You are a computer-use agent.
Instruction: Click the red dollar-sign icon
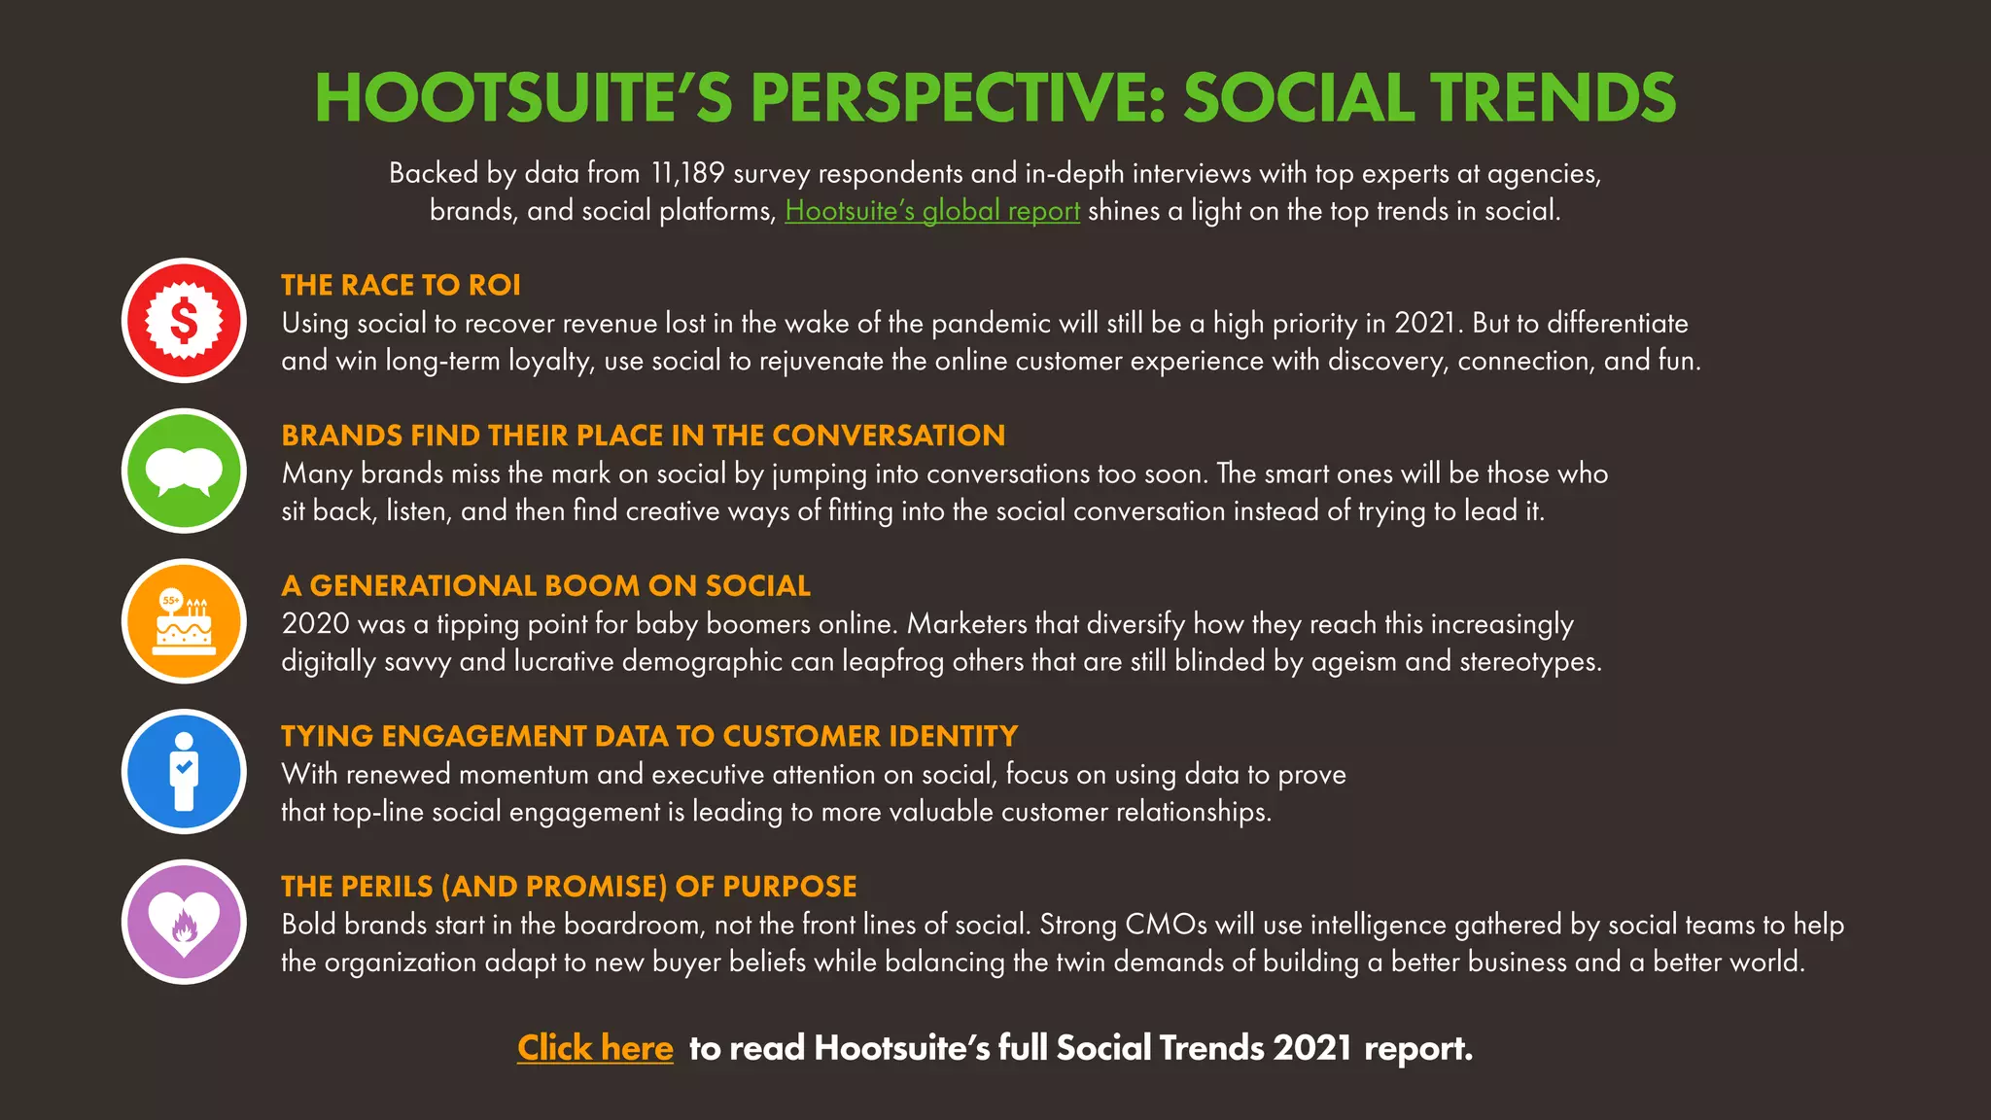pos(184,321)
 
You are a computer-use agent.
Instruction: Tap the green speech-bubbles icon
pos(184,472)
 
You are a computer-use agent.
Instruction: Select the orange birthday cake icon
pos(184,622)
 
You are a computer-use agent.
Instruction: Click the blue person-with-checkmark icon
pos(184,772)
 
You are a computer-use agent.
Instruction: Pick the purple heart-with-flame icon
pos(184,923)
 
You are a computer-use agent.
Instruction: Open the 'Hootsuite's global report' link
pos(932,211)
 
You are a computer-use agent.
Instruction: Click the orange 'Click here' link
pos(595,1048)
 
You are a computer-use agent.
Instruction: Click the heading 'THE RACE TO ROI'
pos(401,285)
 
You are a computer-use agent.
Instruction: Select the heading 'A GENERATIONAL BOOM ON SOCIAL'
pos(545,586)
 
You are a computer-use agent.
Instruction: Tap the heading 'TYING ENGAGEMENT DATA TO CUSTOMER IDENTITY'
pos(649,736)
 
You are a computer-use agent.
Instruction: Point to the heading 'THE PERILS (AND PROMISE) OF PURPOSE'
pos(569,887)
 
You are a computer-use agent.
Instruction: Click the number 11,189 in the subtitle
pos(687,174)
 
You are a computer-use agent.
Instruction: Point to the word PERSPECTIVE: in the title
pos(957,99)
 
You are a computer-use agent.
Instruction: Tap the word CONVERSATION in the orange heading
pos(889,436)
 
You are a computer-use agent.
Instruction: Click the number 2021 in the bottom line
pos(1312,1048)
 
